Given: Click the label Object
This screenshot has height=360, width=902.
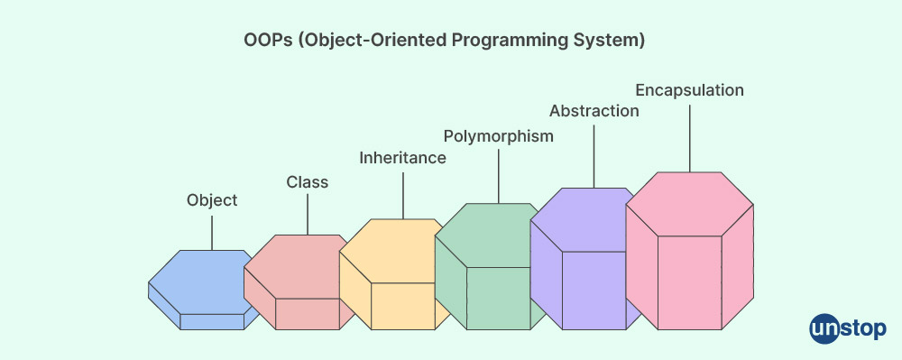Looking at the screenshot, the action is point(212,200).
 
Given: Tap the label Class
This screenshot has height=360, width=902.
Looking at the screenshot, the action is point(308,182).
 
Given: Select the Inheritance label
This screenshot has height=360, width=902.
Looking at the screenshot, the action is point(402,158).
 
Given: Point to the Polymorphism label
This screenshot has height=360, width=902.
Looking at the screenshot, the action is point(498,136).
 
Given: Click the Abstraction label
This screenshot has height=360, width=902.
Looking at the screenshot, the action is point(594,111).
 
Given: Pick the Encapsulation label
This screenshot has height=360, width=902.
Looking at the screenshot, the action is point(689,90).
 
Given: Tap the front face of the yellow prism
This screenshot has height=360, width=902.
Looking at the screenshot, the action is point(402,306).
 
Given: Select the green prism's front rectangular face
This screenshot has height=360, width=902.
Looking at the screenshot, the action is point(498,298).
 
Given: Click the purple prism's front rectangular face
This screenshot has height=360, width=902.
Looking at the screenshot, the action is point(594,291).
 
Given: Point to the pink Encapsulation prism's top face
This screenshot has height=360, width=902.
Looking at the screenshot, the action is point(689,204).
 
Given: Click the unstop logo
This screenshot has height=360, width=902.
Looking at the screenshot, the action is point(847,329).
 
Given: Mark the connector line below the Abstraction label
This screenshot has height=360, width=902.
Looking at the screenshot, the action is point(594,154).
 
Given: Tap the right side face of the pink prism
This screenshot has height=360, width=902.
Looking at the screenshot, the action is point(738,267).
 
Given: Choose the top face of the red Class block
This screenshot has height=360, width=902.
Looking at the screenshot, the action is point(299,266).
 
